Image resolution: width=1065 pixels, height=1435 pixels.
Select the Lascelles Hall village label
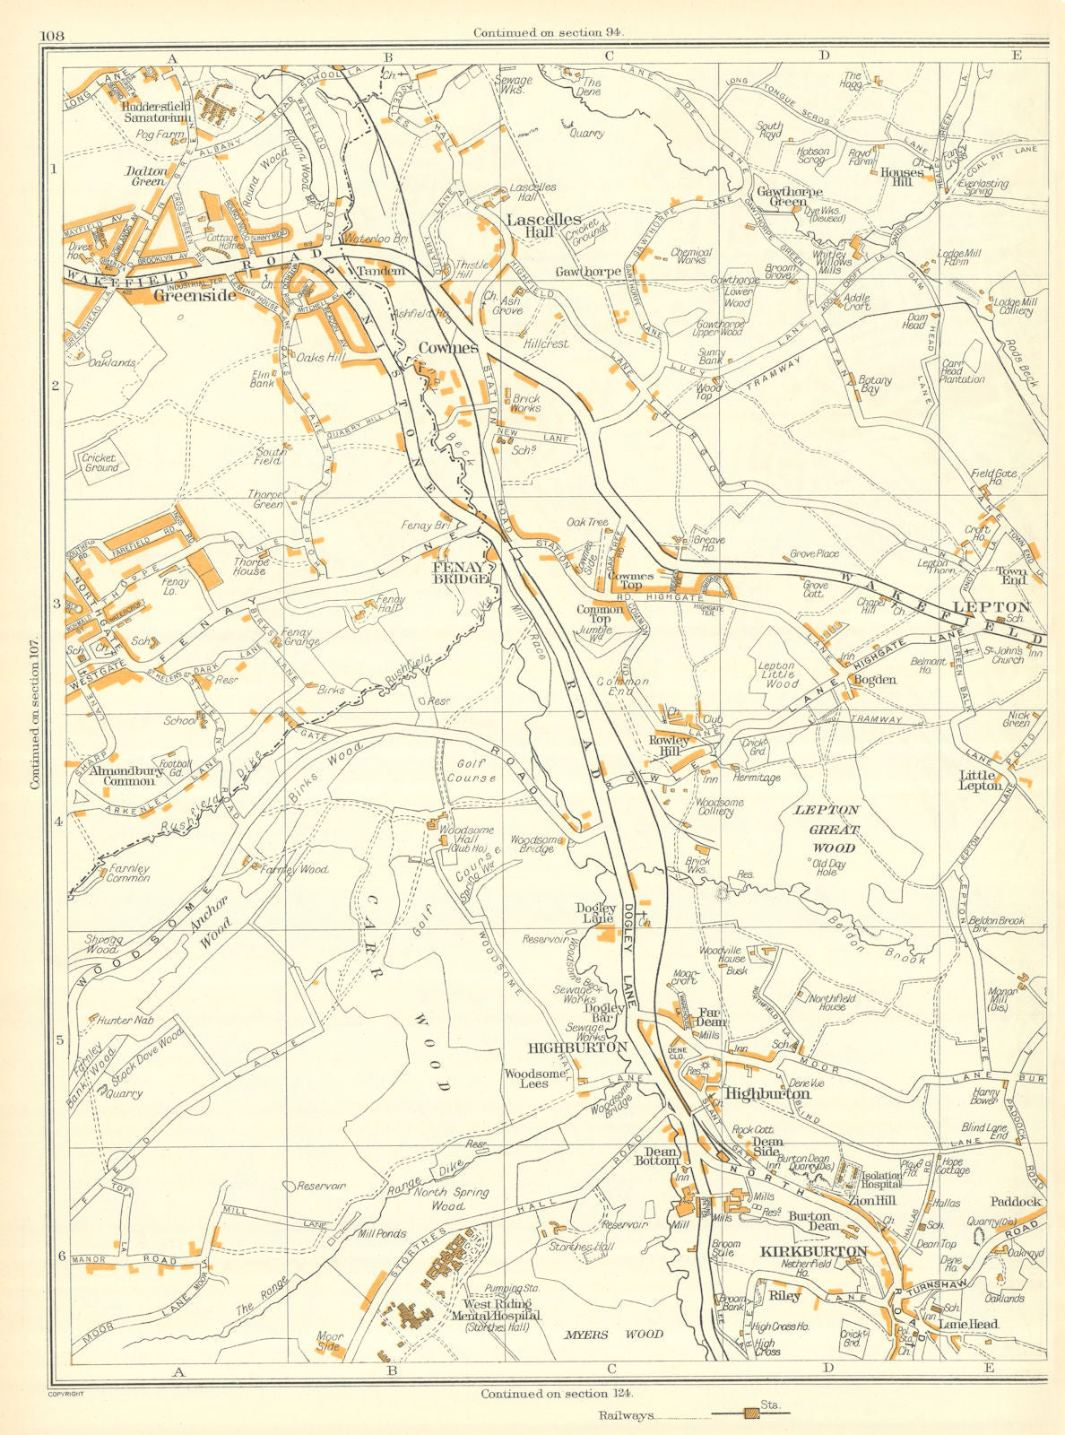coord(544,225)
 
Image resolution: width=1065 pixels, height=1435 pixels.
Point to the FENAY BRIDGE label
coord(462,573)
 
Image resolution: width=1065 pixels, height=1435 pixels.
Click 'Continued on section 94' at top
coord(549,32)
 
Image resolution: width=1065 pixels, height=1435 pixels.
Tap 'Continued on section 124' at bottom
coord(557,1394)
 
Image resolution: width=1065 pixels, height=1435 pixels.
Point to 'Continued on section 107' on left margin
coord(35,714)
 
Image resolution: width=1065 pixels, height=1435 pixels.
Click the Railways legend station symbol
coord(751,1414)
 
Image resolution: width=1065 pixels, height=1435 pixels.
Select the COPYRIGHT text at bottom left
coord(64,1394)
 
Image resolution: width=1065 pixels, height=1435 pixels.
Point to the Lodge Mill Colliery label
coord(1015,307)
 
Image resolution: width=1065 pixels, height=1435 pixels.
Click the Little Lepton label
coord(981,780)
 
